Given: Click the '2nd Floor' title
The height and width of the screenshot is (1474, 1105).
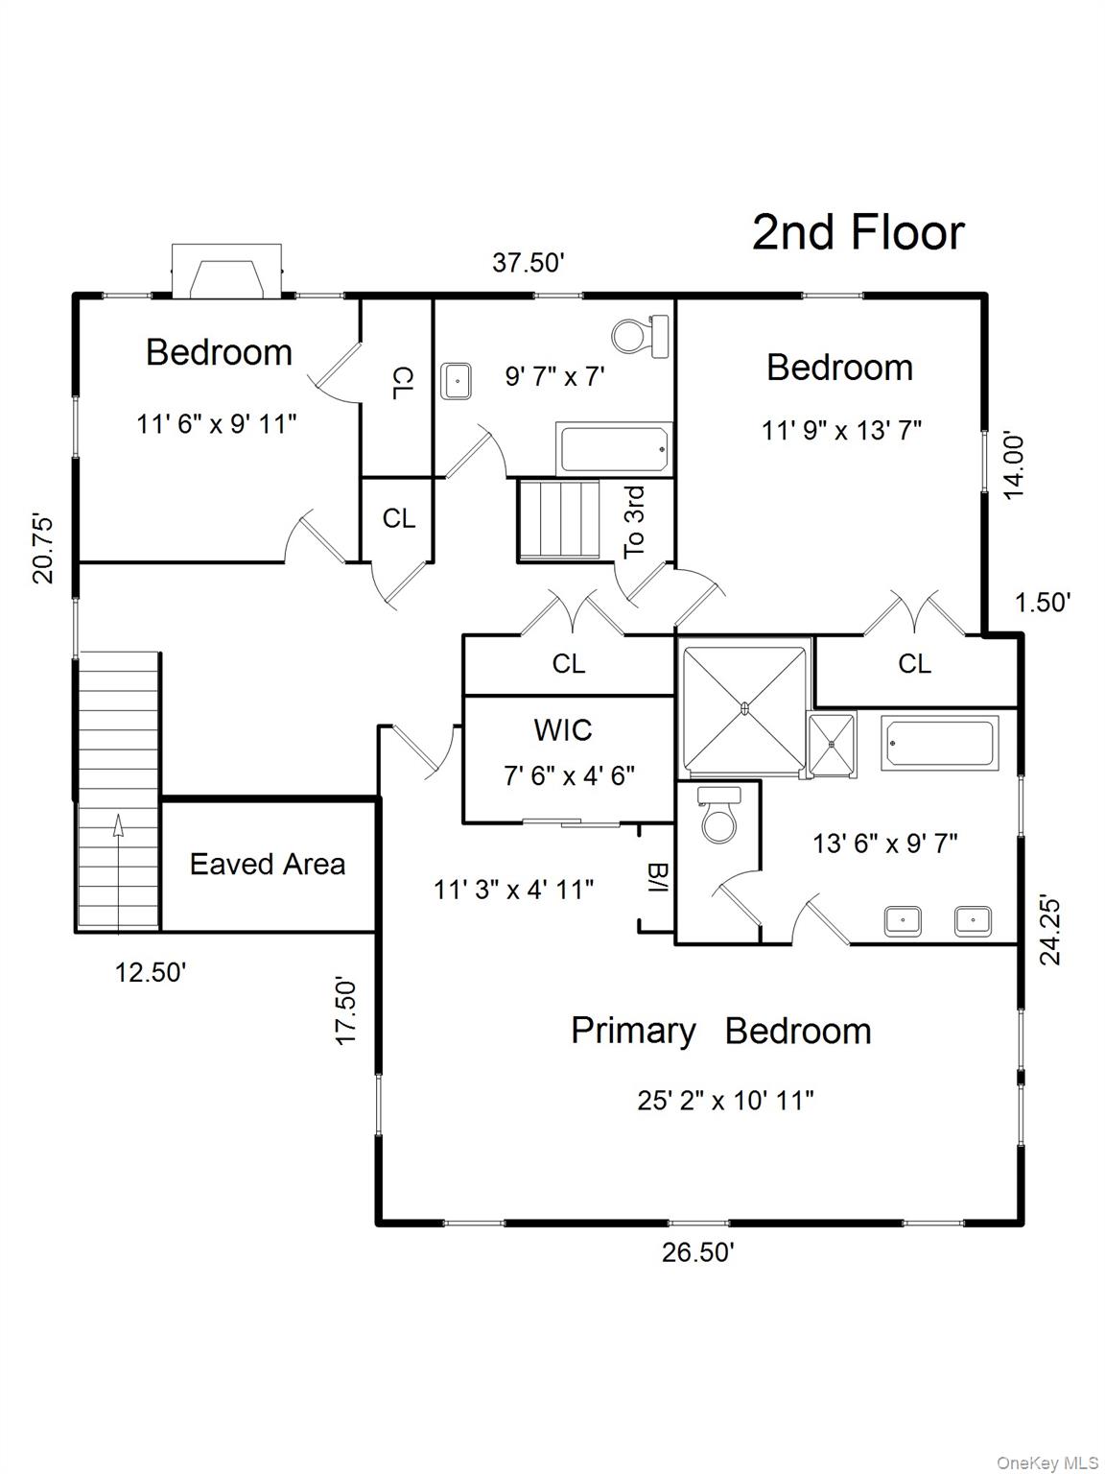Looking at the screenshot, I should tap(858, 233).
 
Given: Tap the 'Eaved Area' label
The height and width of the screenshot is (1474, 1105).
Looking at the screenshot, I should tap(267, 865).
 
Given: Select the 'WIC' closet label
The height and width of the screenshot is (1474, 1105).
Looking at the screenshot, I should tap(563, 730).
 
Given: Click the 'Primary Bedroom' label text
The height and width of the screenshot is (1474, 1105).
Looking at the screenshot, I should tap(720, 1031).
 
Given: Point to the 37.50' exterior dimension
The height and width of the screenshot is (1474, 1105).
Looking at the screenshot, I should tap(528, 262).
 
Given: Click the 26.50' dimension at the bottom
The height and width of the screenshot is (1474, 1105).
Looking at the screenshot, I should tap(697, 1252).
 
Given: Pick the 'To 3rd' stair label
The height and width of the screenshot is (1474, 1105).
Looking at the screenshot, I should tap(635, 522).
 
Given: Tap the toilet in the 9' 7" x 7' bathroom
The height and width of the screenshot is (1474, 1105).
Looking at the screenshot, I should tap(639, 337).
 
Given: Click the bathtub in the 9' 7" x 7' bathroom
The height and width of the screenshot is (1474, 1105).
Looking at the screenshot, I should tap(614, 448).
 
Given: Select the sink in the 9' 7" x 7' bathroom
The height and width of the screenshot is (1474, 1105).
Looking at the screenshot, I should tap(456, 381).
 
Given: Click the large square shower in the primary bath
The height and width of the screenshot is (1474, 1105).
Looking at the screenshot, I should tap(744, 709).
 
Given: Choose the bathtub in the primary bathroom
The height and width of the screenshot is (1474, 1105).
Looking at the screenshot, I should tap(940, 742).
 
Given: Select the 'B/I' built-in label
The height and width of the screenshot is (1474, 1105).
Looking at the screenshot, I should tap(657, 878).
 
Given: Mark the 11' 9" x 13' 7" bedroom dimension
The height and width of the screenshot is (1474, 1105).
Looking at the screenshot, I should tap(841, 430).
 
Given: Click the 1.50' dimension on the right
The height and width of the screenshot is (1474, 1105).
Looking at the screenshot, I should tap(1042, 603).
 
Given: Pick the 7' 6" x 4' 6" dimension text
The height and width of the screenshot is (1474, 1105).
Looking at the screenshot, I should tap(569, 775).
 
